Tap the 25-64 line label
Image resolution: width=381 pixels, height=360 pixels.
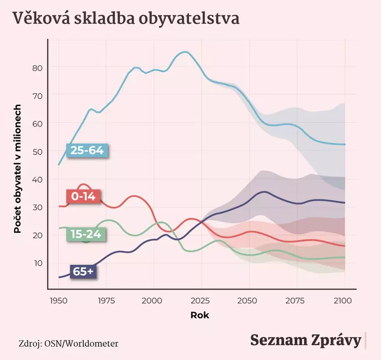[87, 150]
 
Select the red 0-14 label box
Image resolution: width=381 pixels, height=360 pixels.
[83, 197]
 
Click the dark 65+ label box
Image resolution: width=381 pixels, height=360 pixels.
[83, 271]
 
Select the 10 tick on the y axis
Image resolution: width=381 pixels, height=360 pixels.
[38, 263]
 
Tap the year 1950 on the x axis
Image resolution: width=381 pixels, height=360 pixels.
[58, 300]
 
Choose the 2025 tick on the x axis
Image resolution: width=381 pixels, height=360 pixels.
[201, 300]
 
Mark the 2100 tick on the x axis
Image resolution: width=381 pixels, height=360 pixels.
[345, 300]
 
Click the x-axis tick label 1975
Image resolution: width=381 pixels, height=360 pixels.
[106, 300]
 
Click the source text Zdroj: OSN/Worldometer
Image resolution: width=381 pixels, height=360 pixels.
[68, 344]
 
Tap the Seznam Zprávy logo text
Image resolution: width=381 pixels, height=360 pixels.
[305, 340]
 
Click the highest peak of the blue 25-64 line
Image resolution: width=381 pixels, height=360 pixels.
[184, 52]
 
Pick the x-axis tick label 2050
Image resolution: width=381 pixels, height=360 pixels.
[249, 300]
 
